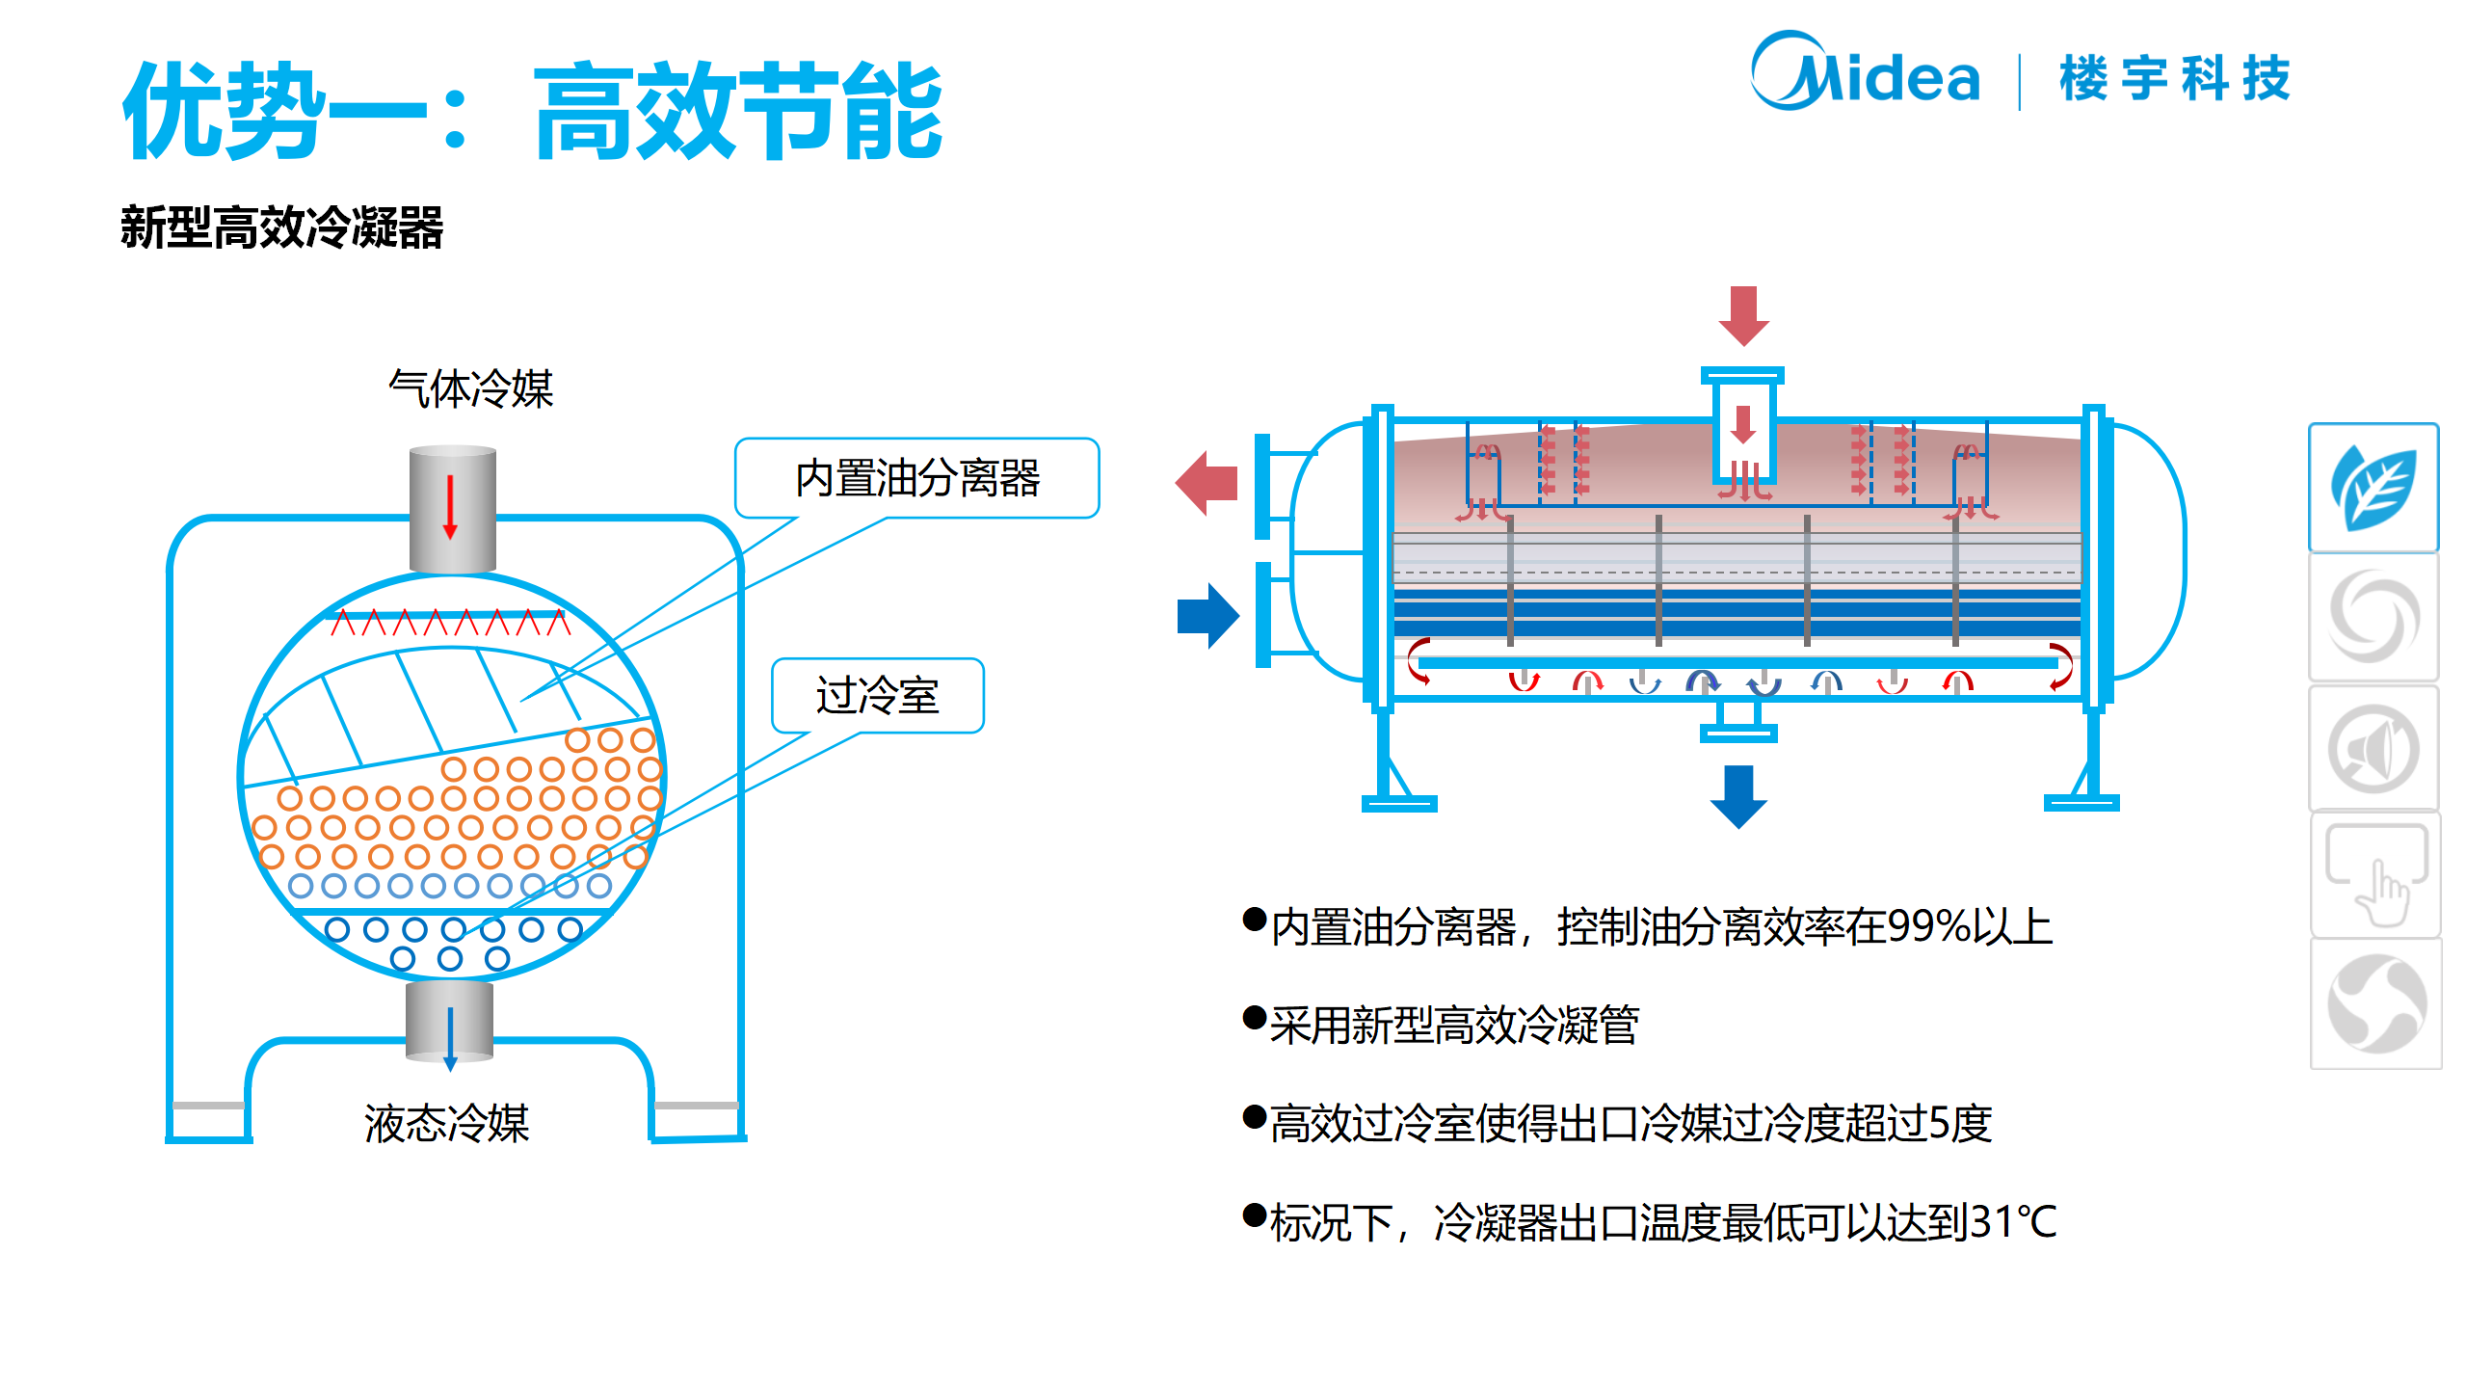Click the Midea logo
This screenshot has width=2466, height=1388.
coord(1864,73)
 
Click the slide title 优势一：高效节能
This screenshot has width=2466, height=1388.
coord(532,110)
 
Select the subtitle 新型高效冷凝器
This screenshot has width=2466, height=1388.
coord(281,228)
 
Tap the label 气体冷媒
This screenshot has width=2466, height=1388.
coord(470,389)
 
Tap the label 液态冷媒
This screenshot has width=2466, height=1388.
coord(447,1124)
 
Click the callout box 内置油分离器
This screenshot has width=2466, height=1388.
coord(916,478)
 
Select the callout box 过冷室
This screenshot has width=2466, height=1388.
coord(877,696)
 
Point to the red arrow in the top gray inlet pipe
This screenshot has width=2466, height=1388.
coord(450,507)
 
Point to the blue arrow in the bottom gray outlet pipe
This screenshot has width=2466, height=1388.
coord(450,1037)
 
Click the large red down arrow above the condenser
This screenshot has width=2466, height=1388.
coord(1743,315)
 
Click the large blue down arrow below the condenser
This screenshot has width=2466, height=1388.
coord(1738,795)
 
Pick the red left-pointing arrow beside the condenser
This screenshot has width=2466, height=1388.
coord(1206,483)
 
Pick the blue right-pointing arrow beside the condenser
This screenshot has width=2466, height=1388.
coord(1207,615)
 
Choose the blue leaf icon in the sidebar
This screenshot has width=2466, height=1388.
coord(2373,488)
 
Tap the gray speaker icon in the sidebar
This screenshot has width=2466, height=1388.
coord(2373,748)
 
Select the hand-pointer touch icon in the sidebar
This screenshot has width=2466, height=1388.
coord(2376,874)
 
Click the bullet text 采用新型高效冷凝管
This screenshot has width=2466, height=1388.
coord(1454,1025)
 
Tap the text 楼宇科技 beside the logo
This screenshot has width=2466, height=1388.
coord(2174,79)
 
